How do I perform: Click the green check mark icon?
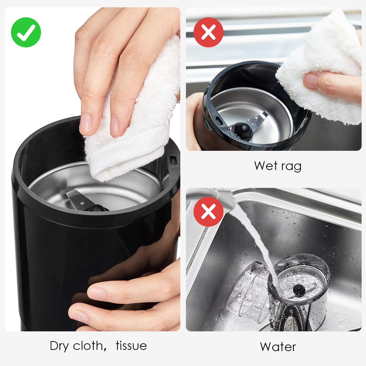point(26,32)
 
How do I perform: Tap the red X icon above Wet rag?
point(208,32)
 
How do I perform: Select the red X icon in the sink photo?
point(208,211)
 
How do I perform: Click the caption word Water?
point(278,347)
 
